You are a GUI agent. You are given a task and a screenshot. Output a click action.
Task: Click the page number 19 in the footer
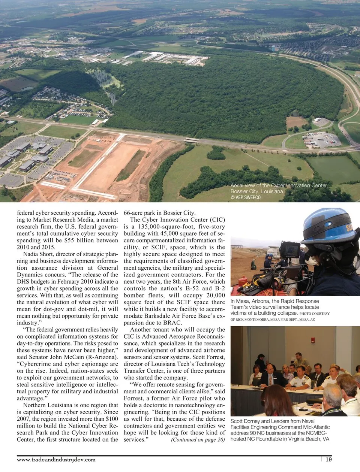coord(328,460)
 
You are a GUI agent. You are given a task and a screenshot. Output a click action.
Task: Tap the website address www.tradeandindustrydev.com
coord(56,460)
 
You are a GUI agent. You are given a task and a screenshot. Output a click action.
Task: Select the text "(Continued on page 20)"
coord(198,440)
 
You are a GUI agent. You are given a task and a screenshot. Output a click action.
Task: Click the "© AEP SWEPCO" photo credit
coord(246,197)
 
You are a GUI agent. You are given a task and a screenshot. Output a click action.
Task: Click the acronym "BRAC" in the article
coord(174,323)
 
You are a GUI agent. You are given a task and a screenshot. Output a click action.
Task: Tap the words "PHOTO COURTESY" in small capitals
coord(315,314)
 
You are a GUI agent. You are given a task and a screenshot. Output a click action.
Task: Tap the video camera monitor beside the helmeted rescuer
coord(290,250)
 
